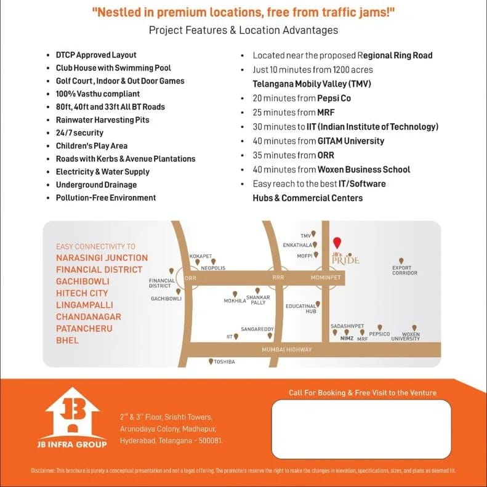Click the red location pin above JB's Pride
click(x=336, y=243)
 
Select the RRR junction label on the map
click(x=278, y=278)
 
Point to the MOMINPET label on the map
click(x=326, y=278)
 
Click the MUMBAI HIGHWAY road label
click(x=287, y=350)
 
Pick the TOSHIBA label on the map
click(x=224, y=362)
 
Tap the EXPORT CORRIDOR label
click(x=404, y=270)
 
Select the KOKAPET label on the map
click(x=201, y=256)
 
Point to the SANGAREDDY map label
click(x=257, y=329)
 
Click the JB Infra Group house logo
click(x=72, y=413)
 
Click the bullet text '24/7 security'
click(x=79, y=133)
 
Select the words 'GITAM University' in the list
click(x=350, y=141)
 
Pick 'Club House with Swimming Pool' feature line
click(x=113, y=68)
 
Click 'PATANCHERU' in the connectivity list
click(x=84, y=329)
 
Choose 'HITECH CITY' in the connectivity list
click(x=82, y=294)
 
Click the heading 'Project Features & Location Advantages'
click(x=243, y=30)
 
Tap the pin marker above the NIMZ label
click(x=347, y=332)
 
